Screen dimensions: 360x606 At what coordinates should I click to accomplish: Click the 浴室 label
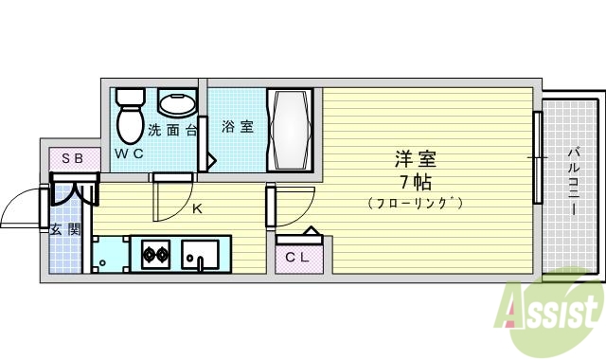(238, 127)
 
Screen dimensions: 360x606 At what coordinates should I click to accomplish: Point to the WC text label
(130, 152)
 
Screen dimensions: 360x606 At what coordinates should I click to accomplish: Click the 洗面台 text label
(171, 130)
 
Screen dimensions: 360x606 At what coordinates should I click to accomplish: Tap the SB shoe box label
(72, 158)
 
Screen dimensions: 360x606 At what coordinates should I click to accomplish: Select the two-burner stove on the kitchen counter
(155, 254)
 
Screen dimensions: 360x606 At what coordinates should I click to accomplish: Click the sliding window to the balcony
(536, 157)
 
